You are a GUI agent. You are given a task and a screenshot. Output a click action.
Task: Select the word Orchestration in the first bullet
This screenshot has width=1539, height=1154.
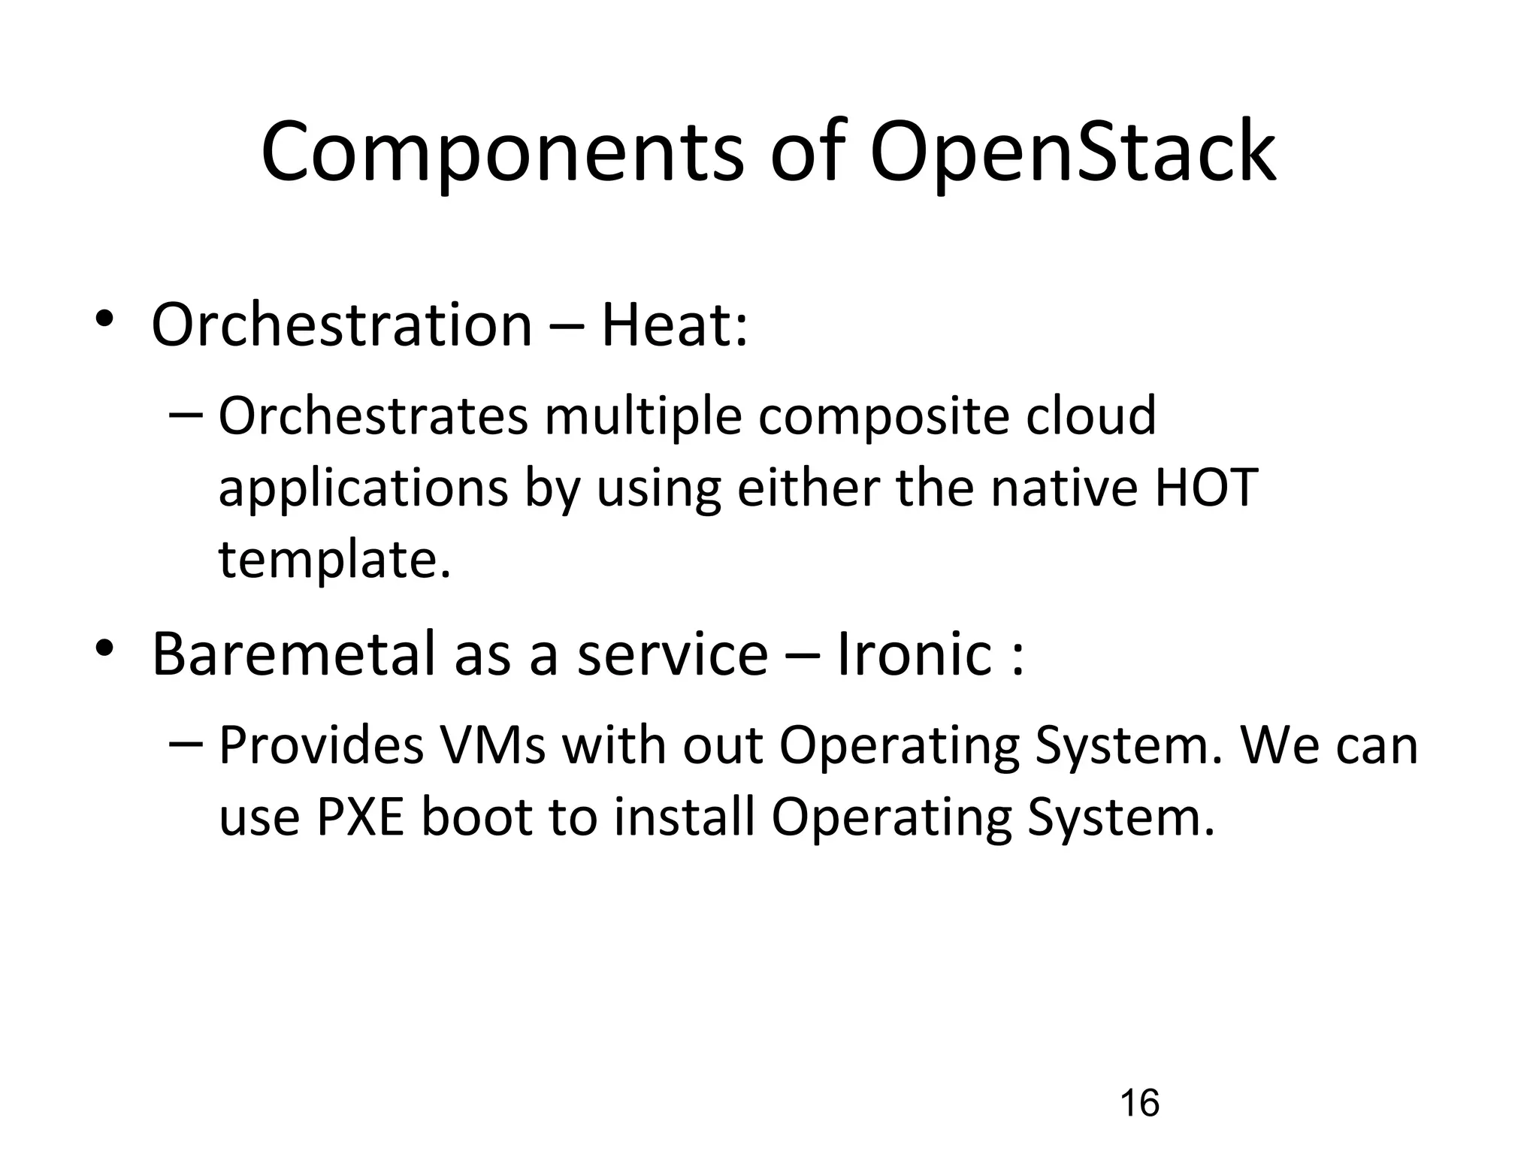tap(342, 325)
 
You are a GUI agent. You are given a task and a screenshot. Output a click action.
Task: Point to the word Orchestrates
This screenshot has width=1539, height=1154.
tap(373, 416)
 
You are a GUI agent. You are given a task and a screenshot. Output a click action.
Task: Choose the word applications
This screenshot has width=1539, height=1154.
tap(363, 489)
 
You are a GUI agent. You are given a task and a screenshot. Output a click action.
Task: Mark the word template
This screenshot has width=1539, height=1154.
tap(334, 560)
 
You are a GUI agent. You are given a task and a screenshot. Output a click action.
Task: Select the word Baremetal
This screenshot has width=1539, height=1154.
tap(294, 654)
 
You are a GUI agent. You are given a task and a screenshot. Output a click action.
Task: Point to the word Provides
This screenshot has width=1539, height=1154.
tap(321, 745)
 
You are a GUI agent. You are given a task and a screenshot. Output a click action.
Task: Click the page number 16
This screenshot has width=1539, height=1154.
tap(1139, 1103)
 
